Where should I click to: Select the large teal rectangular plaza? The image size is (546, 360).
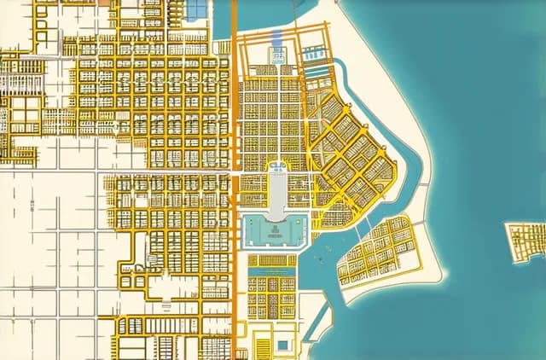pos(274,230)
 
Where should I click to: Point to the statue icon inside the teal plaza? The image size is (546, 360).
pos(274,229)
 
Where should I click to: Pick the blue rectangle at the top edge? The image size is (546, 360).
pos(197,8)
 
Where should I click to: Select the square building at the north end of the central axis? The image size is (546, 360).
pos(277,55)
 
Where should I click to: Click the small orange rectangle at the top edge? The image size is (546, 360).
pos(105,3)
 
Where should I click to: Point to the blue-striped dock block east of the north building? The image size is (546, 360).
pos(314,55)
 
